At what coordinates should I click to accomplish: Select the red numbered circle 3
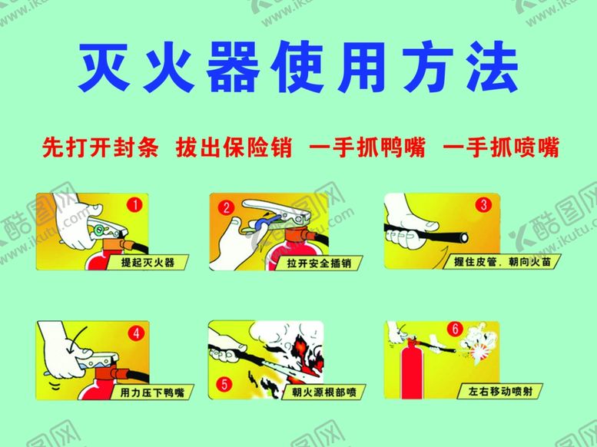point(483,205)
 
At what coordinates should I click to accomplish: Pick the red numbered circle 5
point(224,383)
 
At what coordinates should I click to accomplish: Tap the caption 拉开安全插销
point(320,263)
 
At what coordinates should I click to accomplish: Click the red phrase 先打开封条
point(99,147)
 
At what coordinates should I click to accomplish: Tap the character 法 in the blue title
point(491,68)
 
